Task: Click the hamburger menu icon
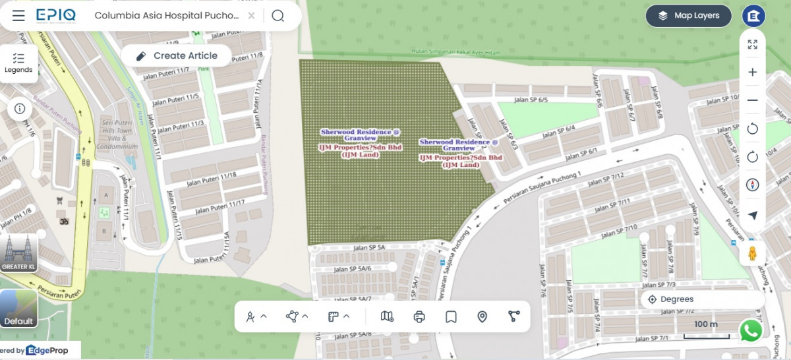point(18,16)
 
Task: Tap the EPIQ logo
point(56,15)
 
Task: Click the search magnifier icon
point(278,16)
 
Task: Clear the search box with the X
point(252,16)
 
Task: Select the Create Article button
point(177,56)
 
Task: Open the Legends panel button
point(18,63)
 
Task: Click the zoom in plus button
point(752,73)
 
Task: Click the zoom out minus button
point(752,100)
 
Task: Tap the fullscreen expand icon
point(752,45)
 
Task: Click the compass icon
point(752,185)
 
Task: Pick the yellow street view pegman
point(752,253)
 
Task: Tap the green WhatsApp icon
point(751,331)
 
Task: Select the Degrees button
point(671,299)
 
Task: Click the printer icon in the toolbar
point(419,316)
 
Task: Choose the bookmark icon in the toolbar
point(451,316)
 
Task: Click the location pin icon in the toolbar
point(482,316)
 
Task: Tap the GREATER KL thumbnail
point(18,253)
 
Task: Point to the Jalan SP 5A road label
point(368,247)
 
